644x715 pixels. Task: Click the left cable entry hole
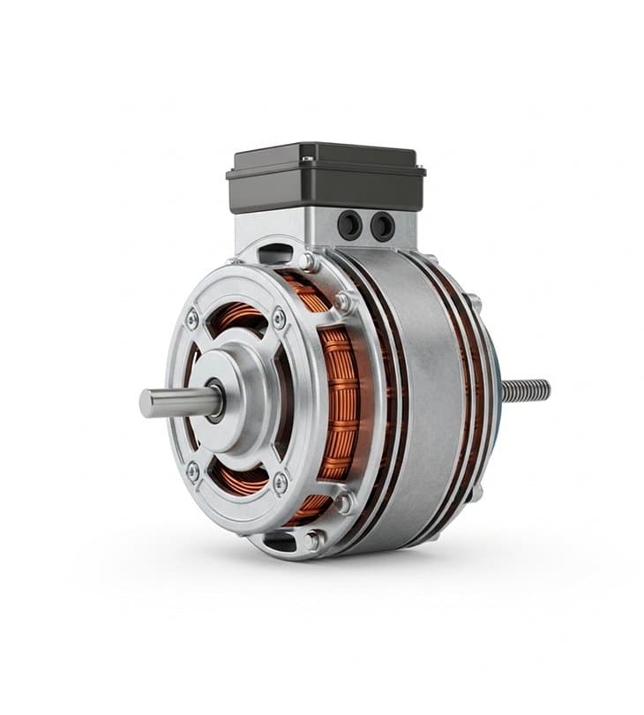tap(350, 226)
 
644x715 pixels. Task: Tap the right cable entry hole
tap(382, 226)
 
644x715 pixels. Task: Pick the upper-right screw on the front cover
tap(279, 318)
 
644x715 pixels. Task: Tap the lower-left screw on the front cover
tap(192, 470)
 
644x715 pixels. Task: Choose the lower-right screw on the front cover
tap(281, 481)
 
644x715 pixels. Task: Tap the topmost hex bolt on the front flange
tap(308, 261)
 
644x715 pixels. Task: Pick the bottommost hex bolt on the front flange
tap(313, 540)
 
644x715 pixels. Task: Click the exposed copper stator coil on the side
tap(340, 402)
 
